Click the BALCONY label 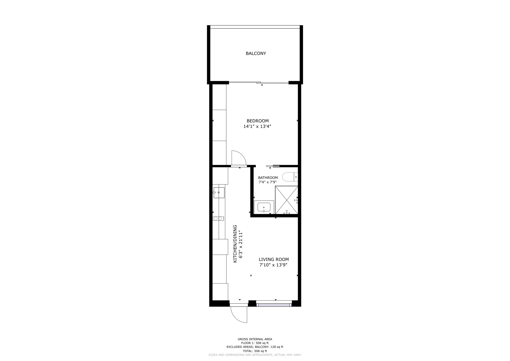click(x=256, y=53)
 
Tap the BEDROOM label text click(x=258, y=121)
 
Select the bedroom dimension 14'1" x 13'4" click(x=257, y=127)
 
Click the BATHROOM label click(x=268, y=178)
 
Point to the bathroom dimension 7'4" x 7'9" click(x=268, y=182)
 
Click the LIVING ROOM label click(x=274, y=259)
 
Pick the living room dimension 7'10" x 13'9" click(x=274, y=265)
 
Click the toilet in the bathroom click(x=290, y=177)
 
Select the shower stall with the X click(x=287, y=200)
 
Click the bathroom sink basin click(x=264, y=207)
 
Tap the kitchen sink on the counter click(x=219, y=192)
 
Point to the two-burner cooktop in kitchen click(x=218, y=219)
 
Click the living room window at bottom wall click(x=274, y=303)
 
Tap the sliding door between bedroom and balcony click(x=259, y=83)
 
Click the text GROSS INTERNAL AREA click(x=255, y=339)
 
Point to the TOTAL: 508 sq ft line click(x=255, y=351)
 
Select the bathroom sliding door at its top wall click(x=273, y=166)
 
